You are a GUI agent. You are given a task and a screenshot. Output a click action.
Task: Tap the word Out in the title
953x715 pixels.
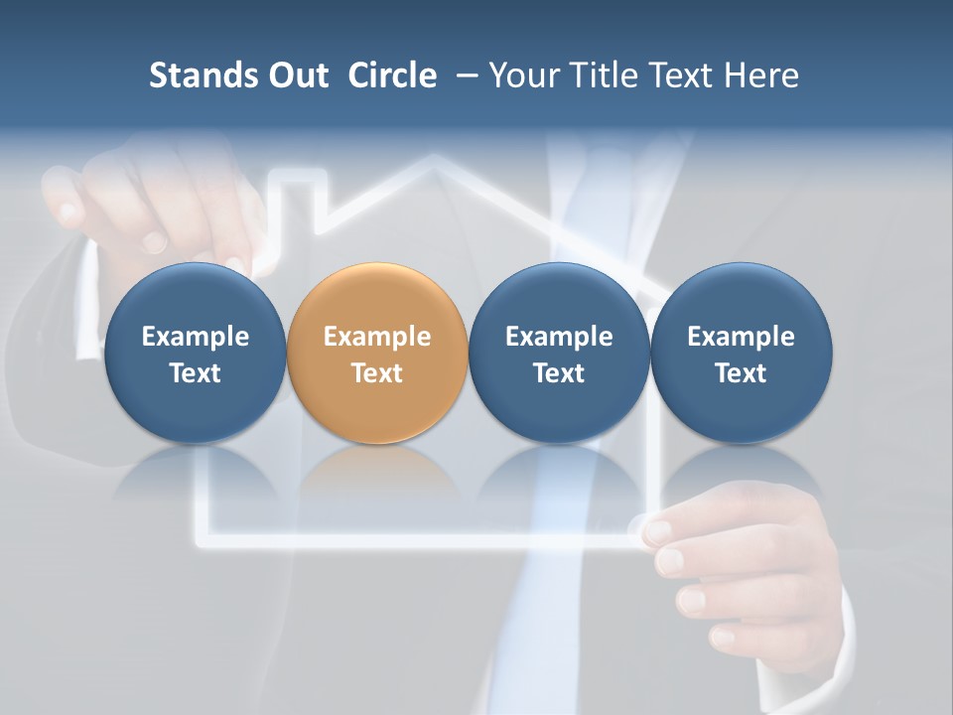coord(295,75)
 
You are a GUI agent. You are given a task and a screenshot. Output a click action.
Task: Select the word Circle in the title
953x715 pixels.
coord(392,75)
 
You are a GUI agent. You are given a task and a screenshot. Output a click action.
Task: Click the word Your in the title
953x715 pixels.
coord(521,75)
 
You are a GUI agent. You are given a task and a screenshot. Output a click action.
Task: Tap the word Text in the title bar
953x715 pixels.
coord(679,75)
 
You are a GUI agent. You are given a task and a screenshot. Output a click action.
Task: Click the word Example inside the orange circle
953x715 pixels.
coord(377,337)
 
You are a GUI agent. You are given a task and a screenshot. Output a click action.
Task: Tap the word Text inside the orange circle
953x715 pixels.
coord(377,373)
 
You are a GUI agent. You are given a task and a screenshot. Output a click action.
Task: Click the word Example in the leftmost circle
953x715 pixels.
coord(195,337)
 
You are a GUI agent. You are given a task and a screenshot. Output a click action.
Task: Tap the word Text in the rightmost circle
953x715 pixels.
coord(741,373)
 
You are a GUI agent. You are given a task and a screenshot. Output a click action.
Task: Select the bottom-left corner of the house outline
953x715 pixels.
coord(200,541)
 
